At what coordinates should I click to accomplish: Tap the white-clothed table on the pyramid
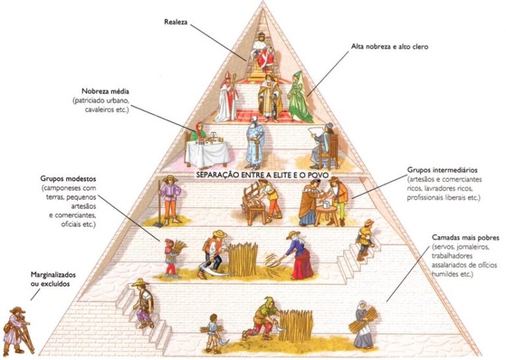207,152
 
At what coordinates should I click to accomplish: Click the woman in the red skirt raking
300,254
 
